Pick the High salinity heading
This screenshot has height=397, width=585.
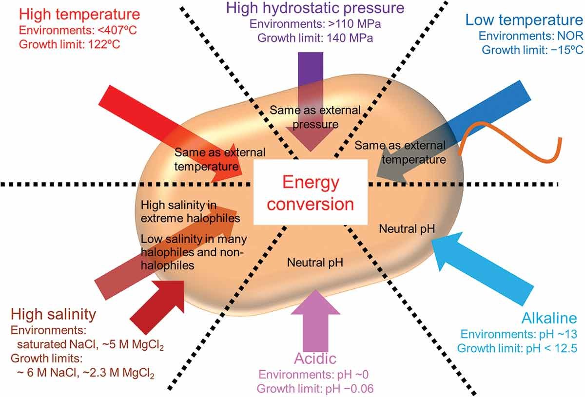pos(54,313)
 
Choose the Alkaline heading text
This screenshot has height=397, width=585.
pos(548,319)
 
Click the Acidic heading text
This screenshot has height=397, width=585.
pos(315,359)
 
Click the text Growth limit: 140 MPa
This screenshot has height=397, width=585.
pos(314,37)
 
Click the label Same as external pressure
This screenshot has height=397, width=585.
pos(315,117)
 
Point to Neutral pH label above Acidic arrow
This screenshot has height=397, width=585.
pos(315,263)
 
